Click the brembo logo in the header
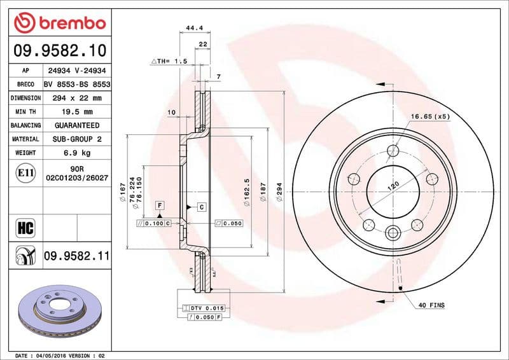point(59,24)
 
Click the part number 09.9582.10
point(59,50)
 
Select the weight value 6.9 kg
point(77,153)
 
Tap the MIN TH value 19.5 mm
point(77,112)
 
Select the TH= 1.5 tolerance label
point(169,61)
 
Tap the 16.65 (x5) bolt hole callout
point(430,116)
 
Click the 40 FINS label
point(431,305)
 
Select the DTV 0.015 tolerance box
point(206,308)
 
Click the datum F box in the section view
point(159,205)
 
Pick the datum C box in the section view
point(201,207)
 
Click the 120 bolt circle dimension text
point(393,186)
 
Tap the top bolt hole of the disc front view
point(394,151)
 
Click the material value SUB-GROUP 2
point(77,139)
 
